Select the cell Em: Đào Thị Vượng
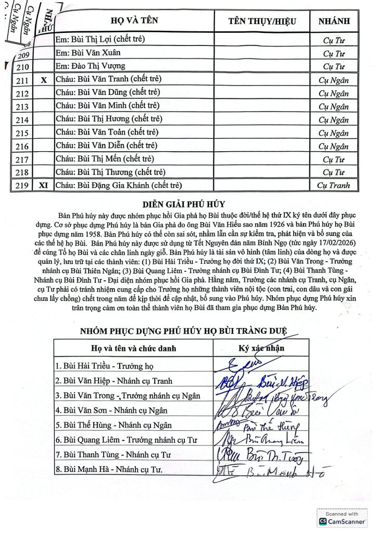tap(91, 66)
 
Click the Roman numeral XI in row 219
tap(44, 185)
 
